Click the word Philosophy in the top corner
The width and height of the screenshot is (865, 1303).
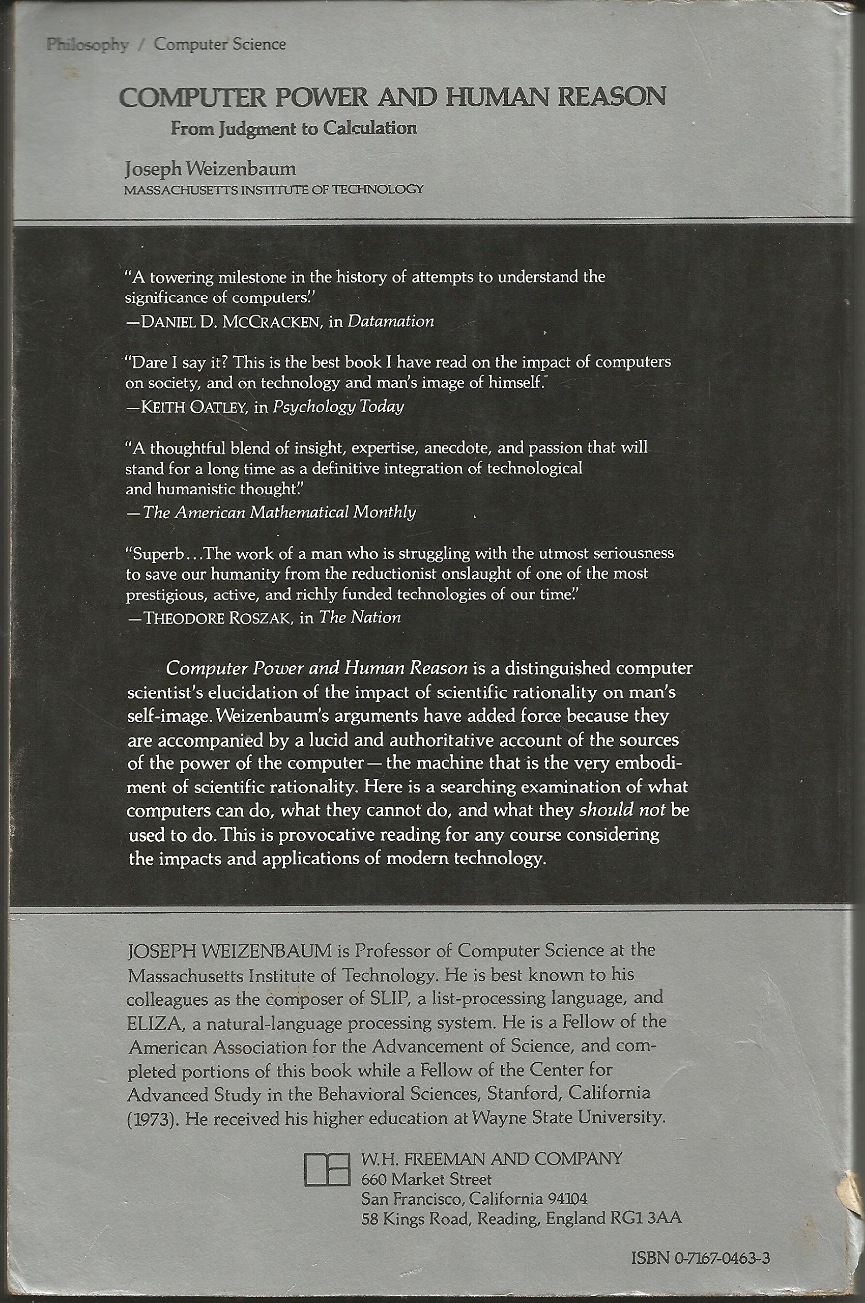click(x=87, y=45)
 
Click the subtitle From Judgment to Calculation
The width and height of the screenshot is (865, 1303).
click(x=294, y=129)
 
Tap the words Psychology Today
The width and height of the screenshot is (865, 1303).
click(x=339, y=407)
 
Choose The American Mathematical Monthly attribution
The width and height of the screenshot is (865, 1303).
click(x=279, y=512)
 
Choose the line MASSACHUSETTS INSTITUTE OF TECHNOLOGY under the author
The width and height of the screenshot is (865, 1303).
click(x=274, y=189)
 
